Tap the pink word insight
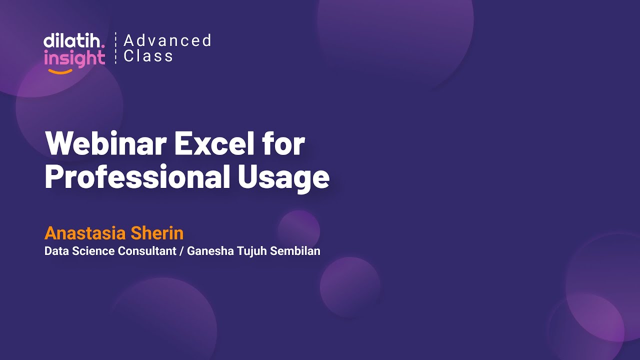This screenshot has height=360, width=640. pyautogui.click(x=74, y=58)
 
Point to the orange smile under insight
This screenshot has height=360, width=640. pyautogui.click(x=60, y=71)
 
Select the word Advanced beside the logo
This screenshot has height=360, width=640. pyautogui.click(x=167, y=40)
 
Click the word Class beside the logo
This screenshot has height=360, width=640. pyautogui.click(x=148, y=56)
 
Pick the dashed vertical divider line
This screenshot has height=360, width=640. pyautogui.click(x=115, y=48)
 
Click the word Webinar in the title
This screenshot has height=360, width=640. pyautogui.click(x=105, y=144)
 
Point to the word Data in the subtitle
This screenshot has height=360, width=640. pyautogui.click(x=56, y=251)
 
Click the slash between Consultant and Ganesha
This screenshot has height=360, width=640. pyautogui.click(x=181, y=251)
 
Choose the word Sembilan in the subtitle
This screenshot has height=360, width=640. pyautogui.click(x=295, y=251)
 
